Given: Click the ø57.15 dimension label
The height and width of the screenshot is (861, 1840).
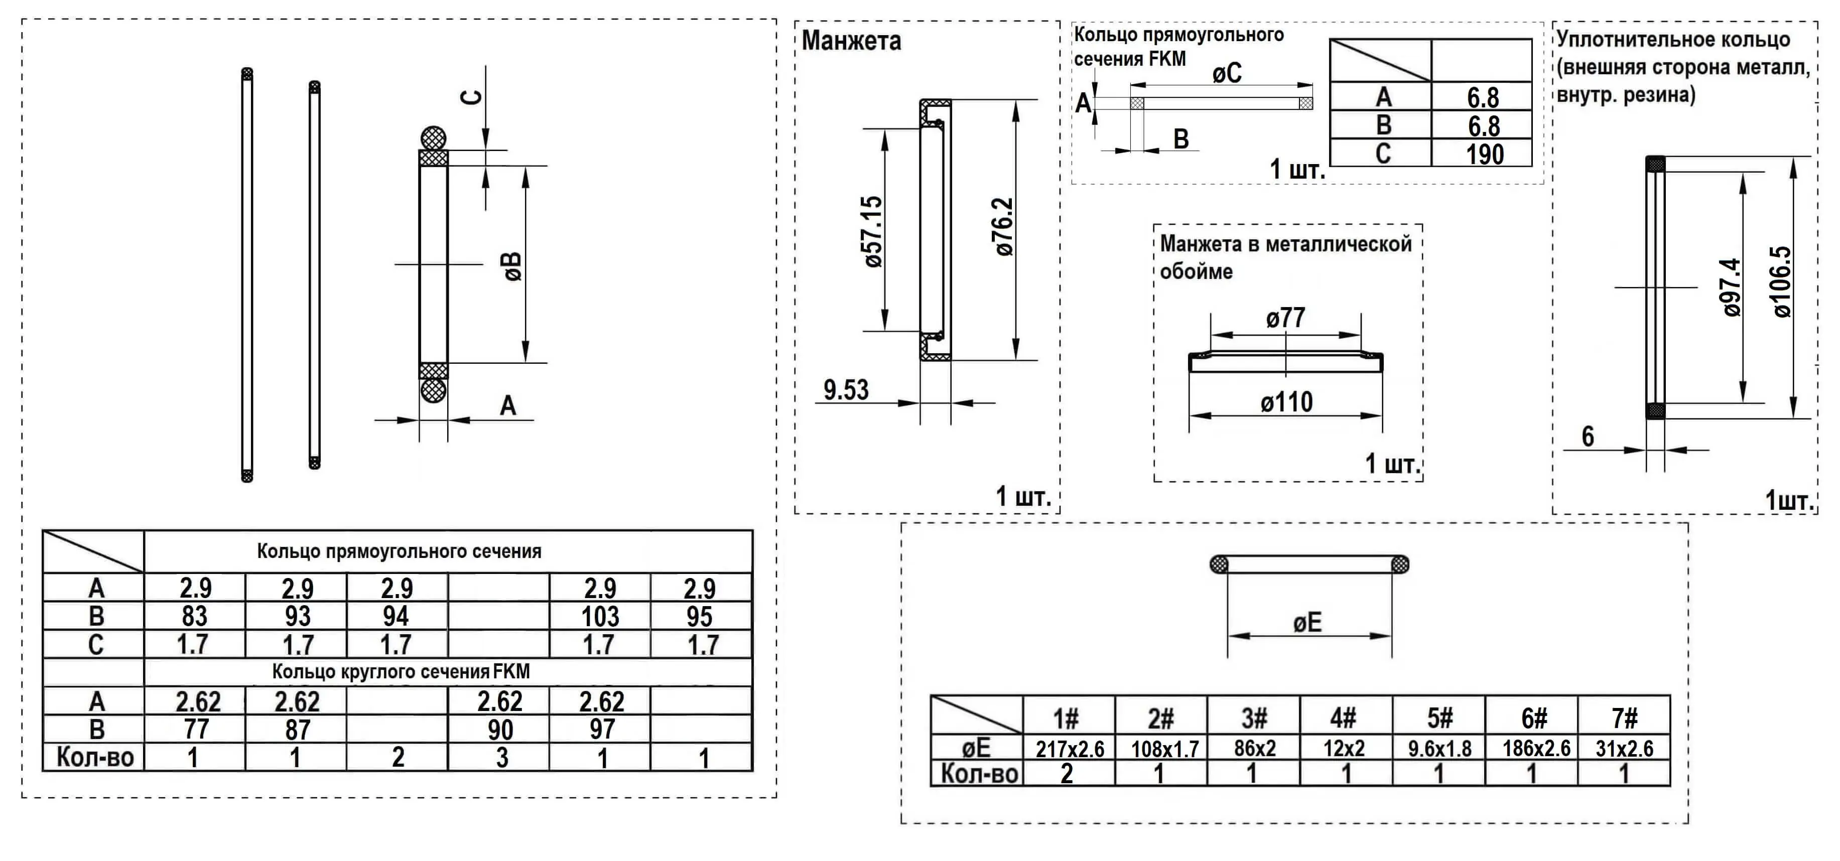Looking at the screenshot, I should coord(873,231).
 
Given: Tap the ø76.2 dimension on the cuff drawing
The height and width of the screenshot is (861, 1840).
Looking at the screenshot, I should coord(1004,227).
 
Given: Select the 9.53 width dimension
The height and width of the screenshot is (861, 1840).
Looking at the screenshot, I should coord(846,390).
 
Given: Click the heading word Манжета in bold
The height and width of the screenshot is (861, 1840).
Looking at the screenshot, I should coord(851,41).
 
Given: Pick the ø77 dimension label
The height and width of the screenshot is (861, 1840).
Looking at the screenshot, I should coord(1286,318).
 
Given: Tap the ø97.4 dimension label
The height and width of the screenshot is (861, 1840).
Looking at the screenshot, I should coord(1732,287).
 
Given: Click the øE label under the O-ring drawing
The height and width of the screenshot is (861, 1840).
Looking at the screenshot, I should coord(1307,623).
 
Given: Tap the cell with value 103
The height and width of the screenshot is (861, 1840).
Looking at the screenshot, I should coord(600,616).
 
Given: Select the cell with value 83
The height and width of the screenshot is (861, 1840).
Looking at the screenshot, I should coord(194,616).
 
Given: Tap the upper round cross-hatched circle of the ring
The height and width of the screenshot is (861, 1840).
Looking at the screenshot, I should coord(433,138).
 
